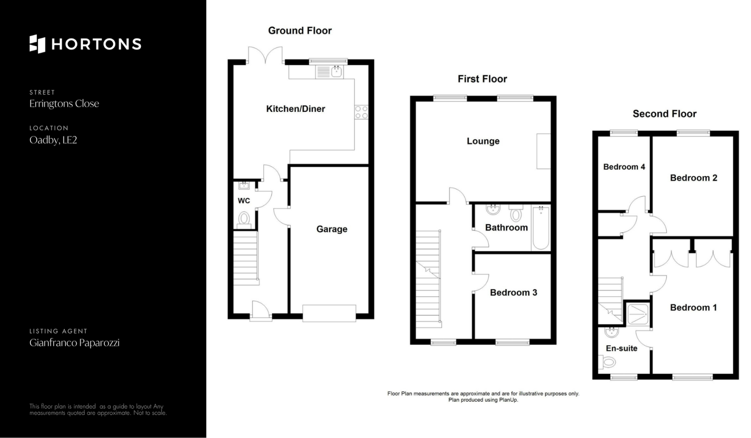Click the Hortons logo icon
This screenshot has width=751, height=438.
click(38, 44)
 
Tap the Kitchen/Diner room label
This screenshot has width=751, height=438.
click(295, 109)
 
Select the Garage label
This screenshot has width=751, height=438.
click(332, 229)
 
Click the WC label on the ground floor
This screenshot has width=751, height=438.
click(244, 201)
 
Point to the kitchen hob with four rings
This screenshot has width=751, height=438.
click(361, 112)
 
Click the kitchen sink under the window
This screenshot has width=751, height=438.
click(329, 72)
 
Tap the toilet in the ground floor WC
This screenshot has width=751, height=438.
click(244, 220)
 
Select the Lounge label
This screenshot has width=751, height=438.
click(483, 141)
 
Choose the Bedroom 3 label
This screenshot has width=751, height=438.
click(514, 292)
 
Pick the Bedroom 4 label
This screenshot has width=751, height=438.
click(624, 167)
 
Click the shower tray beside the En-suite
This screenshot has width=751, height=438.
click(637, 314)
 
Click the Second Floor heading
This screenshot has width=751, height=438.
click(665, 114)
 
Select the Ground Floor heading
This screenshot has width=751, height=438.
click(300, 31)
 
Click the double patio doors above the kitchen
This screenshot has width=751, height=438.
click(265, 55)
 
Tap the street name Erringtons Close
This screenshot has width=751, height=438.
click(64, 104)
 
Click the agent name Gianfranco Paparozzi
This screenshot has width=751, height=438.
click(74, 343)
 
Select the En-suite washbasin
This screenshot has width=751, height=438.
click(611, 332)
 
